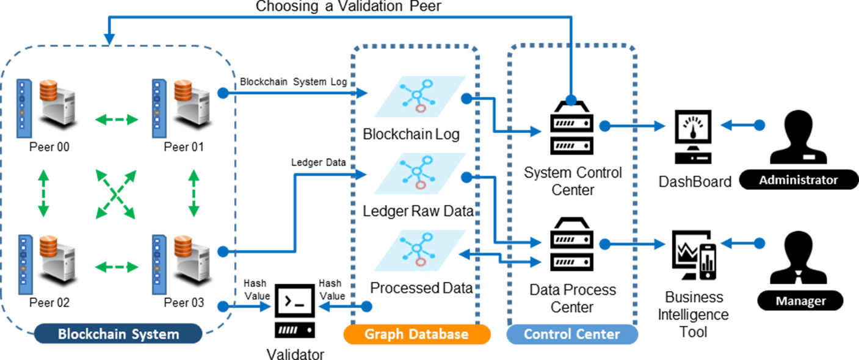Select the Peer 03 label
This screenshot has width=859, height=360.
(x=184, y=303)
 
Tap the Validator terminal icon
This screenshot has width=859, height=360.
(x=295, y=311)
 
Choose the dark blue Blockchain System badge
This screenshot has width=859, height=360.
(x=118, y=334)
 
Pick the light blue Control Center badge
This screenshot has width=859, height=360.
(x=572, y=334)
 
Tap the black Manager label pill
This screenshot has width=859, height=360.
(x=800, y=301)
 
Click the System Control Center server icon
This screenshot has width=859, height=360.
(x=572, y=127)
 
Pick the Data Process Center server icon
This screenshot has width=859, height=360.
(x=572, y=244)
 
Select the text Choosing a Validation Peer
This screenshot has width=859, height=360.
(x=349, y=7)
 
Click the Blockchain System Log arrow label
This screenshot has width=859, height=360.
(x=294, y=82)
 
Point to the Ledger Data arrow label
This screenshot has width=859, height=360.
(x=319, y=163)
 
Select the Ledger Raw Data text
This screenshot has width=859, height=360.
(x=418, y=212)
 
